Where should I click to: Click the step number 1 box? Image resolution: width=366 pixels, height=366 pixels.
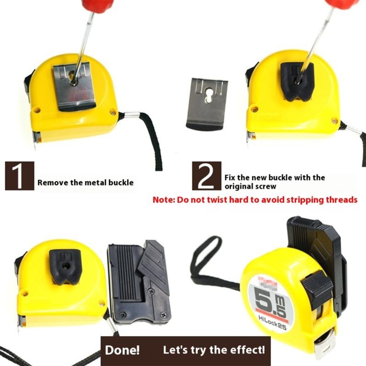point(19,176)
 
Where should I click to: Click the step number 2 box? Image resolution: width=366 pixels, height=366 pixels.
point(206,176)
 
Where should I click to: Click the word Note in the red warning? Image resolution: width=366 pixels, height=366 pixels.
point(162,200)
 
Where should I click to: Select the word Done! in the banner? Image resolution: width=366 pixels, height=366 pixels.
point(123,351)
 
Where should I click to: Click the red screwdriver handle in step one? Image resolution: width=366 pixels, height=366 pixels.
point(96,5)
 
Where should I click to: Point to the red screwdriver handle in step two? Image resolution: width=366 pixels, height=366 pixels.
point(341,4)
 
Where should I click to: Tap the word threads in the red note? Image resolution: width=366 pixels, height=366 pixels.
point(341,200)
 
